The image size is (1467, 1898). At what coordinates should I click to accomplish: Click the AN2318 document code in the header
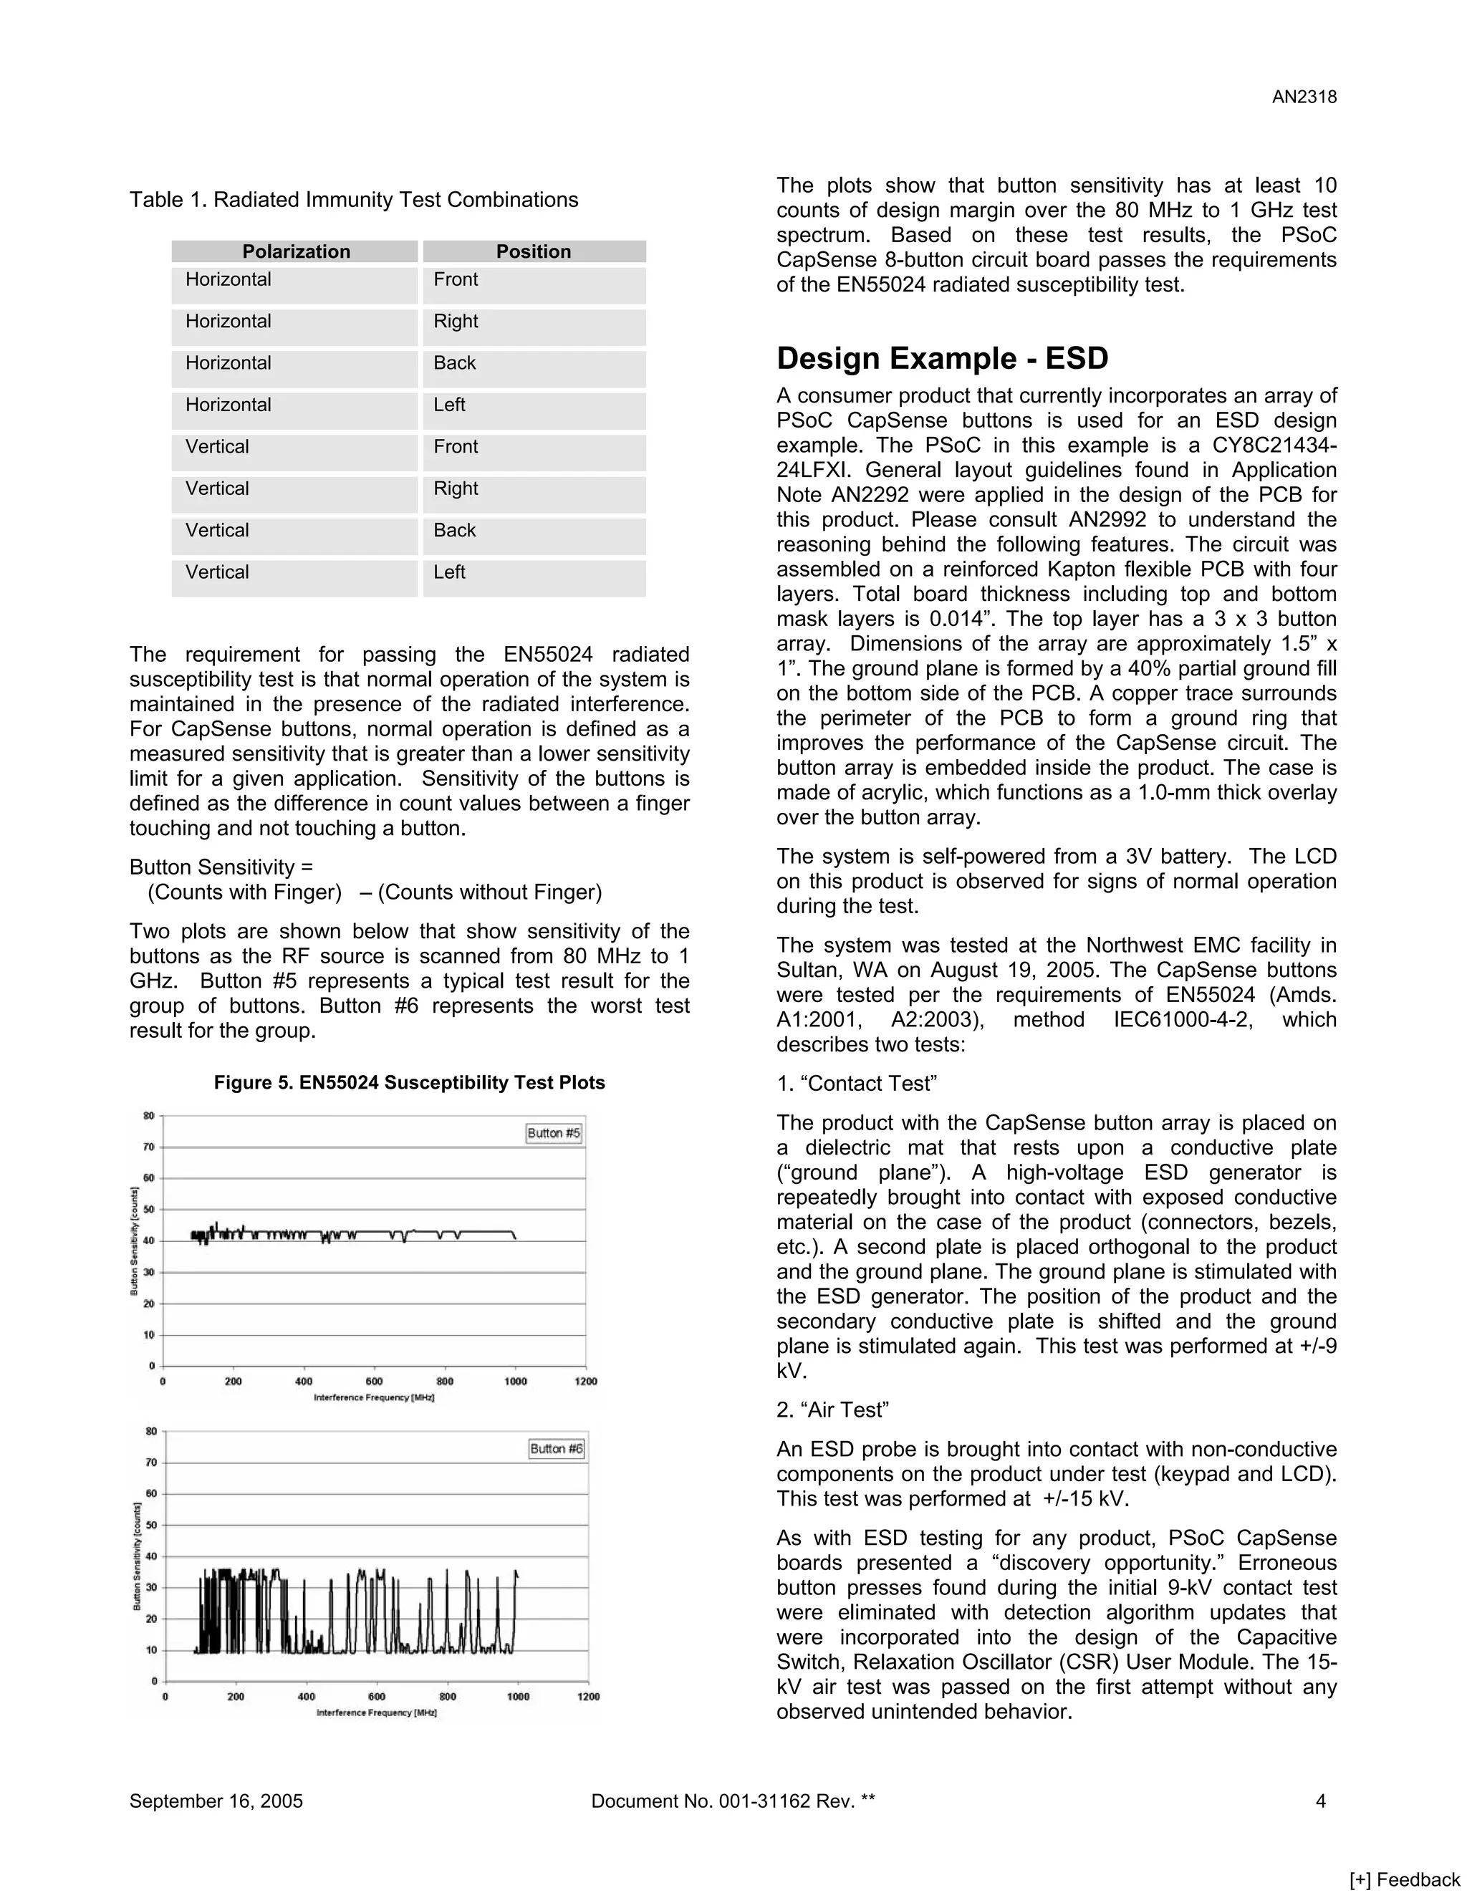(x=1304, y=97)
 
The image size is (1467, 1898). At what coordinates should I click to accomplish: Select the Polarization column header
(x=296, y=252)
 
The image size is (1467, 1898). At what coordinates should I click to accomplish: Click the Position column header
(x=534, y=252)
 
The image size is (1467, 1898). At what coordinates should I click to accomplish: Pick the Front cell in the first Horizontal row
(x=456, y=280)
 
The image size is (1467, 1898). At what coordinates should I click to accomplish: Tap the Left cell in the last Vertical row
(x=449, y=573)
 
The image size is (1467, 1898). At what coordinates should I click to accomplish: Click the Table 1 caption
(x=354, y=200)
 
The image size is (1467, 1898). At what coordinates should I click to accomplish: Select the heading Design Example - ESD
(x=942, y=358)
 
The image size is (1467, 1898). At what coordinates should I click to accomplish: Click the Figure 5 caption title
(x=409, y=1083)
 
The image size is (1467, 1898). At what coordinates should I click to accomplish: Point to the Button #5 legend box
(x=554, y=1133)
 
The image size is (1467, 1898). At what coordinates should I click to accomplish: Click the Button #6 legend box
(x=556, y=1449)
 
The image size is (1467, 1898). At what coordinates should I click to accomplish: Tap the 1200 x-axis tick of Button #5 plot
(x=586, y=1382)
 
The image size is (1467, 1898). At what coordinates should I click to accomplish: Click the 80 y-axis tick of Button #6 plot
(x=151, y=1431)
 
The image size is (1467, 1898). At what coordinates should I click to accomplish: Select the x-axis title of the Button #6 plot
(x=376, y=1713)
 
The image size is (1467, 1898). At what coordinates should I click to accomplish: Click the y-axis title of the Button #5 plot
(x=135, y=1241)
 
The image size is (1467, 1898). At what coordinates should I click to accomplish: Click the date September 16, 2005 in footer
(x=216, y=1801)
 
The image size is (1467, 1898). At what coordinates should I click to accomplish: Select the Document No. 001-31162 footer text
(x=733, y=1801)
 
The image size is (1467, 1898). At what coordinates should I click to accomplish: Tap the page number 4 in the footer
(x=1320, y=1801)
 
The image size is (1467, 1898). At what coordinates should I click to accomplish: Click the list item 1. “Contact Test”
(x=856, y=1084)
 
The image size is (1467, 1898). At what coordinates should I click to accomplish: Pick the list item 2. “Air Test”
(x=832, y=1410)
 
